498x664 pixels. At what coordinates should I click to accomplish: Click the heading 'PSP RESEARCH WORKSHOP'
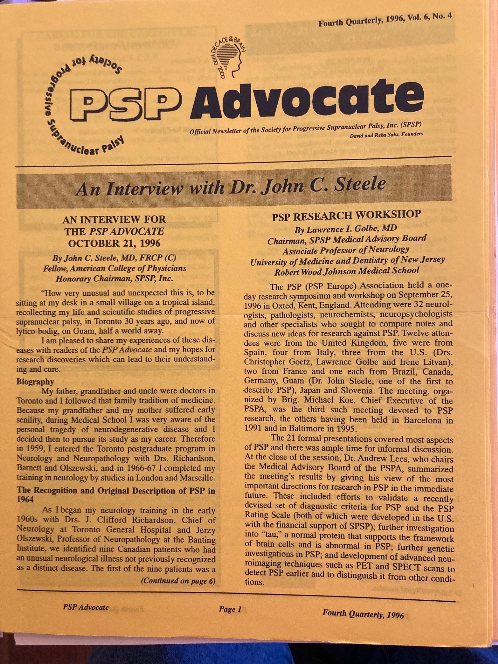(x=346, y=215)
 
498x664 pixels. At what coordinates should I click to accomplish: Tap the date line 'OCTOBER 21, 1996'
(x=114, y=243)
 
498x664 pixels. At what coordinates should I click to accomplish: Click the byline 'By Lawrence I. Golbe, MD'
(x=345, y=229)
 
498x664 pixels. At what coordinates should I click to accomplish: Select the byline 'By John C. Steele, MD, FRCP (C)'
(x=114, y=258)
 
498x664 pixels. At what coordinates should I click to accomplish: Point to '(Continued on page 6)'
(x=178, y=581)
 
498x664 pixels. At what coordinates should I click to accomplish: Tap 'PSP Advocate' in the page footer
(x=86, y=607)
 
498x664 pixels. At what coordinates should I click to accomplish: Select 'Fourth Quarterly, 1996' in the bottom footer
(x=363, y=614)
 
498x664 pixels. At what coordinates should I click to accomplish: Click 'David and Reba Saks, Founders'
(x=386, y=135)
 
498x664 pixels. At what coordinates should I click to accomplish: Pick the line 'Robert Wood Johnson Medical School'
(x=347, y=271)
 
